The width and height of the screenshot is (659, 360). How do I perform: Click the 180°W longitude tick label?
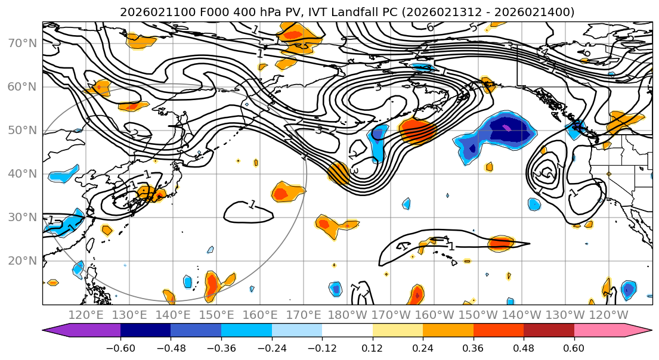[x=348, y=315]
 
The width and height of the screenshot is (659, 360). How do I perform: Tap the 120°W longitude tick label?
[x=609, y=315]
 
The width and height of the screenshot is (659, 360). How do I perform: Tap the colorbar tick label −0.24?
[x=272, y=347]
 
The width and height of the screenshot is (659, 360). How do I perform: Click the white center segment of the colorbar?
[x=347, y=331]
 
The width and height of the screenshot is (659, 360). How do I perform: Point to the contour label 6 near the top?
[x=430, y=27]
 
